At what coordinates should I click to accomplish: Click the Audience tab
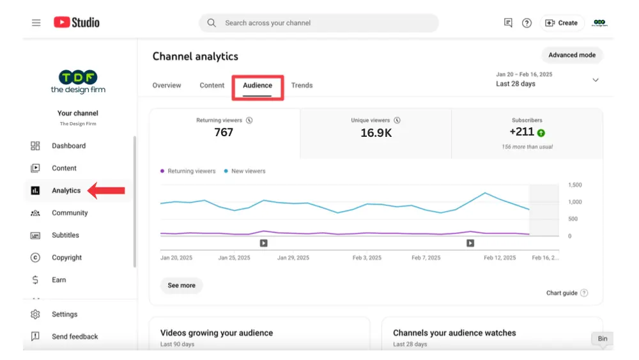[258, 86]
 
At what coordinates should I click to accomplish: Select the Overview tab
[167, 86]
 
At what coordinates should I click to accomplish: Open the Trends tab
[302, 86]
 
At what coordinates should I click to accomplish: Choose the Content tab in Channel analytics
[212, 86]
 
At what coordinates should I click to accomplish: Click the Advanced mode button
[572, 55]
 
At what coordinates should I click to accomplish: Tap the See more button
[181, 286]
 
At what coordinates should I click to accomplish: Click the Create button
[561, 23]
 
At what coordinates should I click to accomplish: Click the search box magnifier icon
[212, 23]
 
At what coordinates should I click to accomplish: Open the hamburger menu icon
[36, 23]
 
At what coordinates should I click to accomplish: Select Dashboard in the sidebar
[68, 146]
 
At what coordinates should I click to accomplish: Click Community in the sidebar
[70, 213]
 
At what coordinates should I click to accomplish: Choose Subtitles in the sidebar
[65, 235]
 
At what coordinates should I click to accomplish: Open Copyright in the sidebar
[66, 258]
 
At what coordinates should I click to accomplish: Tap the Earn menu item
[59, 280]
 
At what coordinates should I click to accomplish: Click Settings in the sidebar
[65, 315]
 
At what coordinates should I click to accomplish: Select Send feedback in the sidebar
[75, 337]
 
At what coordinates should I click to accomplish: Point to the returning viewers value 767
[224, 132]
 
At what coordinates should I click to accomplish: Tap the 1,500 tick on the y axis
[574, 185]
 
